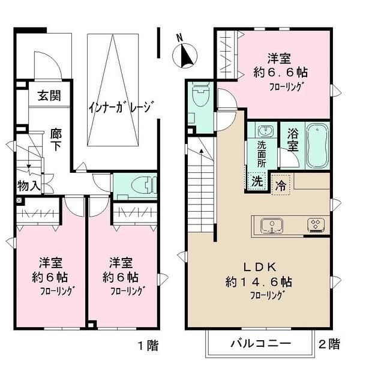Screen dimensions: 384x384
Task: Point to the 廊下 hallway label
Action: click(55, 139)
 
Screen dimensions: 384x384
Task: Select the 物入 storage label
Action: click(28, 185)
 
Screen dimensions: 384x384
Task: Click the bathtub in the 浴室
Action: click(317, 146)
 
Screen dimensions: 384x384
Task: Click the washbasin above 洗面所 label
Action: click(265, 131)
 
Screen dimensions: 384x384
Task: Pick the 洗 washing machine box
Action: click(256, 179)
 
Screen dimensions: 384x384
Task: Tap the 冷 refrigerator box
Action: click(280, 185)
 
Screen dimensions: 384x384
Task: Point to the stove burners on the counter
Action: click(315, 225)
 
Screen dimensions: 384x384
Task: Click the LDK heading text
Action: click(259, 267)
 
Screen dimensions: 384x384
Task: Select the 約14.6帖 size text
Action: click(259, 281)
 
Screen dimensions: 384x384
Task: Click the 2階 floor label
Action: click(329, 344)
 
